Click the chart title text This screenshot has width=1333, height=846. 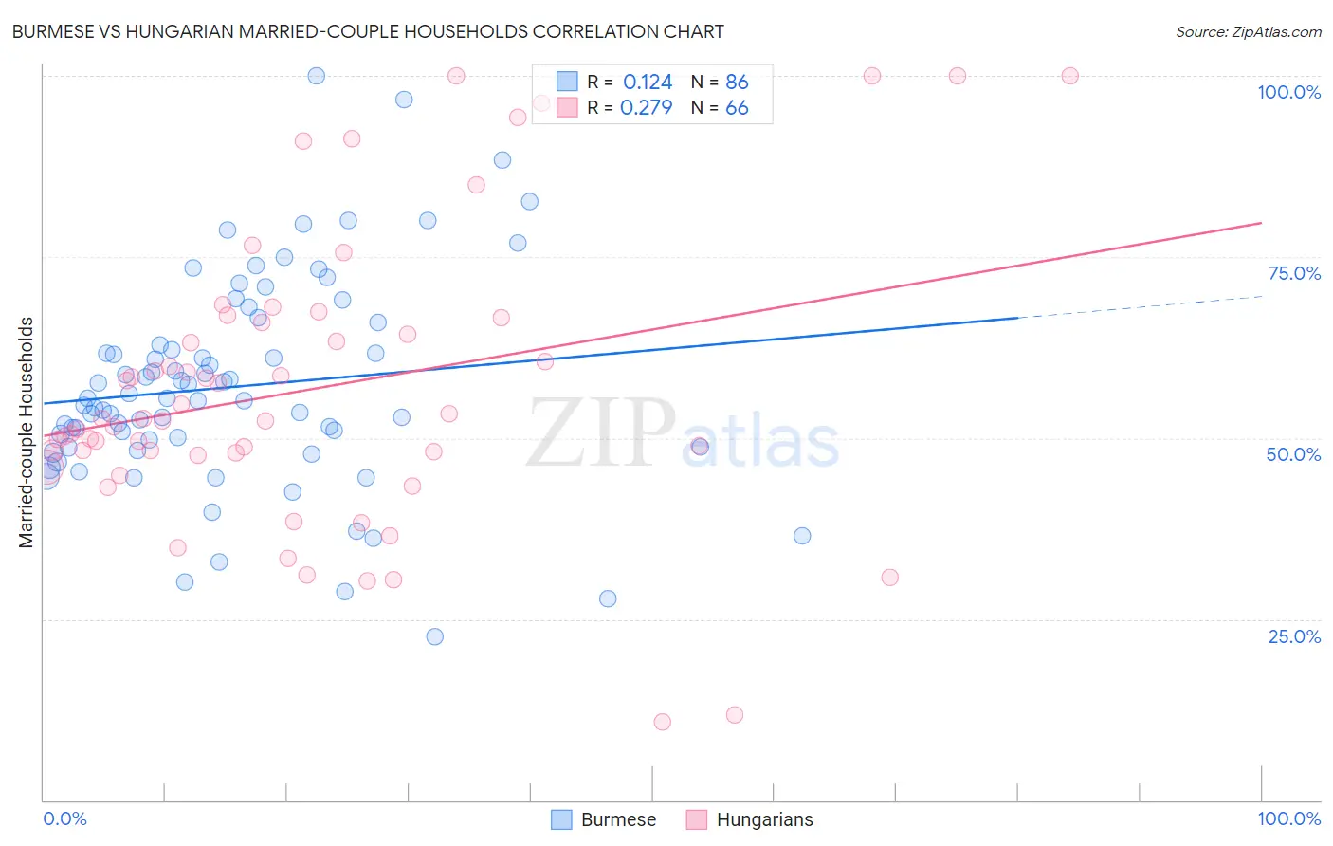(x=368, y=31)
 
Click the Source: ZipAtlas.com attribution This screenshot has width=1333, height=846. (x=1248, y=32)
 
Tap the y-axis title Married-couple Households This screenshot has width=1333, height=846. (x=27, y=432)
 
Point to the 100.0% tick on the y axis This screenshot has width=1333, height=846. (x=1288, y=92)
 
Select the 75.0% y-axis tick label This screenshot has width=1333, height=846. (x=1294, y=273)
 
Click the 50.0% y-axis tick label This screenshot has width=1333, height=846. (x=1293, y=454)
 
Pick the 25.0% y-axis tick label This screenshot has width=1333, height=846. (x=1294, y=636)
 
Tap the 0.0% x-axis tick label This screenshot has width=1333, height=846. (x=64, y=818)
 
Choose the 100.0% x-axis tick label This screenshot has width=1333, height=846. (x=1288, y=818)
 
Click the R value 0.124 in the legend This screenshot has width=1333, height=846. (x=648, y=83)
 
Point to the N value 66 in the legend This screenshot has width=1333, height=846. (x=737, y=108)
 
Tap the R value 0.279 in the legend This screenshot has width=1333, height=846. (x=646, y=108)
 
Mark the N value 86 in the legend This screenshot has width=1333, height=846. (x=737, y=83)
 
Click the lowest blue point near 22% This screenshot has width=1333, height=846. (x=434, y=636)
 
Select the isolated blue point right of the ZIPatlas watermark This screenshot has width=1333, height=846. (x=802, y=536)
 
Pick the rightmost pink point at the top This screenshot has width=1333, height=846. (x=1069, y=76)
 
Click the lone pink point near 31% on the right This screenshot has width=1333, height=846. (x=889, y=578)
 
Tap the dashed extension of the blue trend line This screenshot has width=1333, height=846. (x=1138, y=306)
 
